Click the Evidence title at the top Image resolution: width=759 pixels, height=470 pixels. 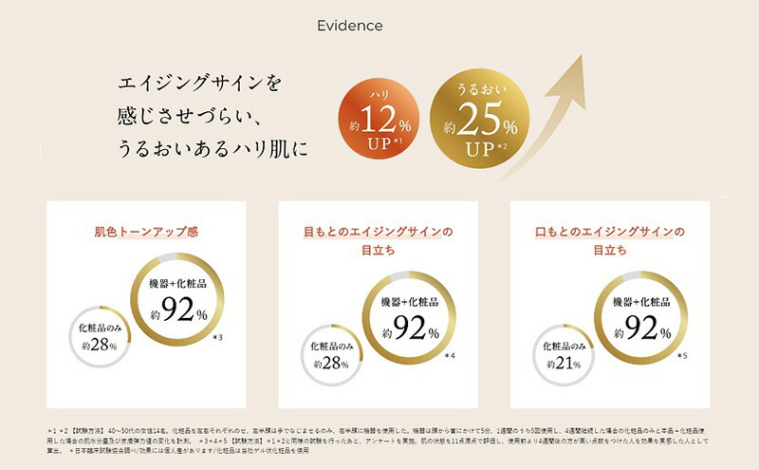click(350, 26)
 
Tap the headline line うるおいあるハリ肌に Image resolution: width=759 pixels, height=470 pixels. click(213, 149)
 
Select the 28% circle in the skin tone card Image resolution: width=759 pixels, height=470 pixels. click(101, 337)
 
